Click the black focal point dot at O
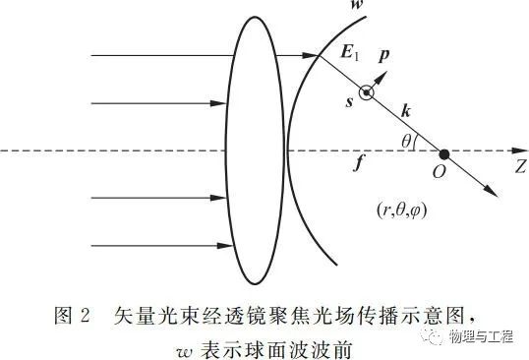coord(444,154)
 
